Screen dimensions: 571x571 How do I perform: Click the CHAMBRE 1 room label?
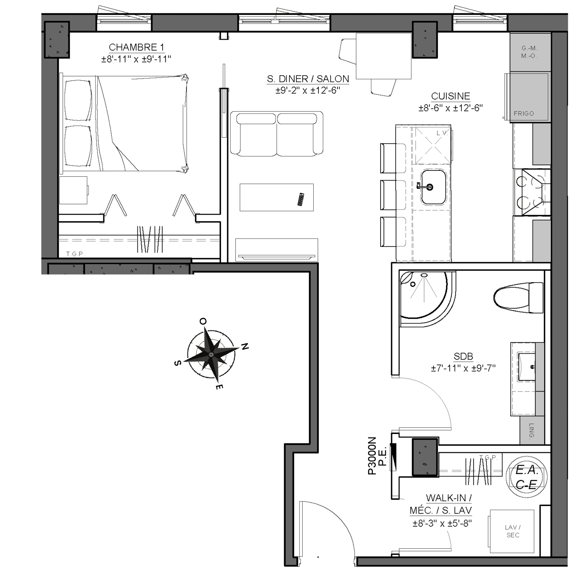136,47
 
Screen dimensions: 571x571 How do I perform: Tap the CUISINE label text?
450,96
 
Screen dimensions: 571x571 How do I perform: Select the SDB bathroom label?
463,356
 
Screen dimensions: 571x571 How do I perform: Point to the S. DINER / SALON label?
308,79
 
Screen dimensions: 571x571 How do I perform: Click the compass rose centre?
211,354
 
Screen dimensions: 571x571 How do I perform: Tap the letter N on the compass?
245,346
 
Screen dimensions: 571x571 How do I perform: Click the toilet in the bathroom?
518,297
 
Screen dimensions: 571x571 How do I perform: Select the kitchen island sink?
434,187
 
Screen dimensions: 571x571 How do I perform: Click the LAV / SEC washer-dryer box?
512,531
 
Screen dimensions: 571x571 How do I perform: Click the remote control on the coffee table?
301,199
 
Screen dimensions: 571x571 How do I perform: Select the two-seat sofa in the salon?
276,134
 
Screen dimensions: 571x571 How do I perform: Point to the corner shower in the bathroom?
427,299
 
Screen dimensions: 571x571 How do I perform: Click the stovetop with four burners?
532,192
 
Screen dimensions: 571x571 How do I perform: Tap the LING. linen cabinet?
532,430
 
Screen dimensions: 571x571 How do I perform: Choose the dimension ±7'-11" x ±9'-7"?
463,369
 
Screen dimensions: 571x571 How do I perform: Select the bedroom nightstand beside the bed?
73,190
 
